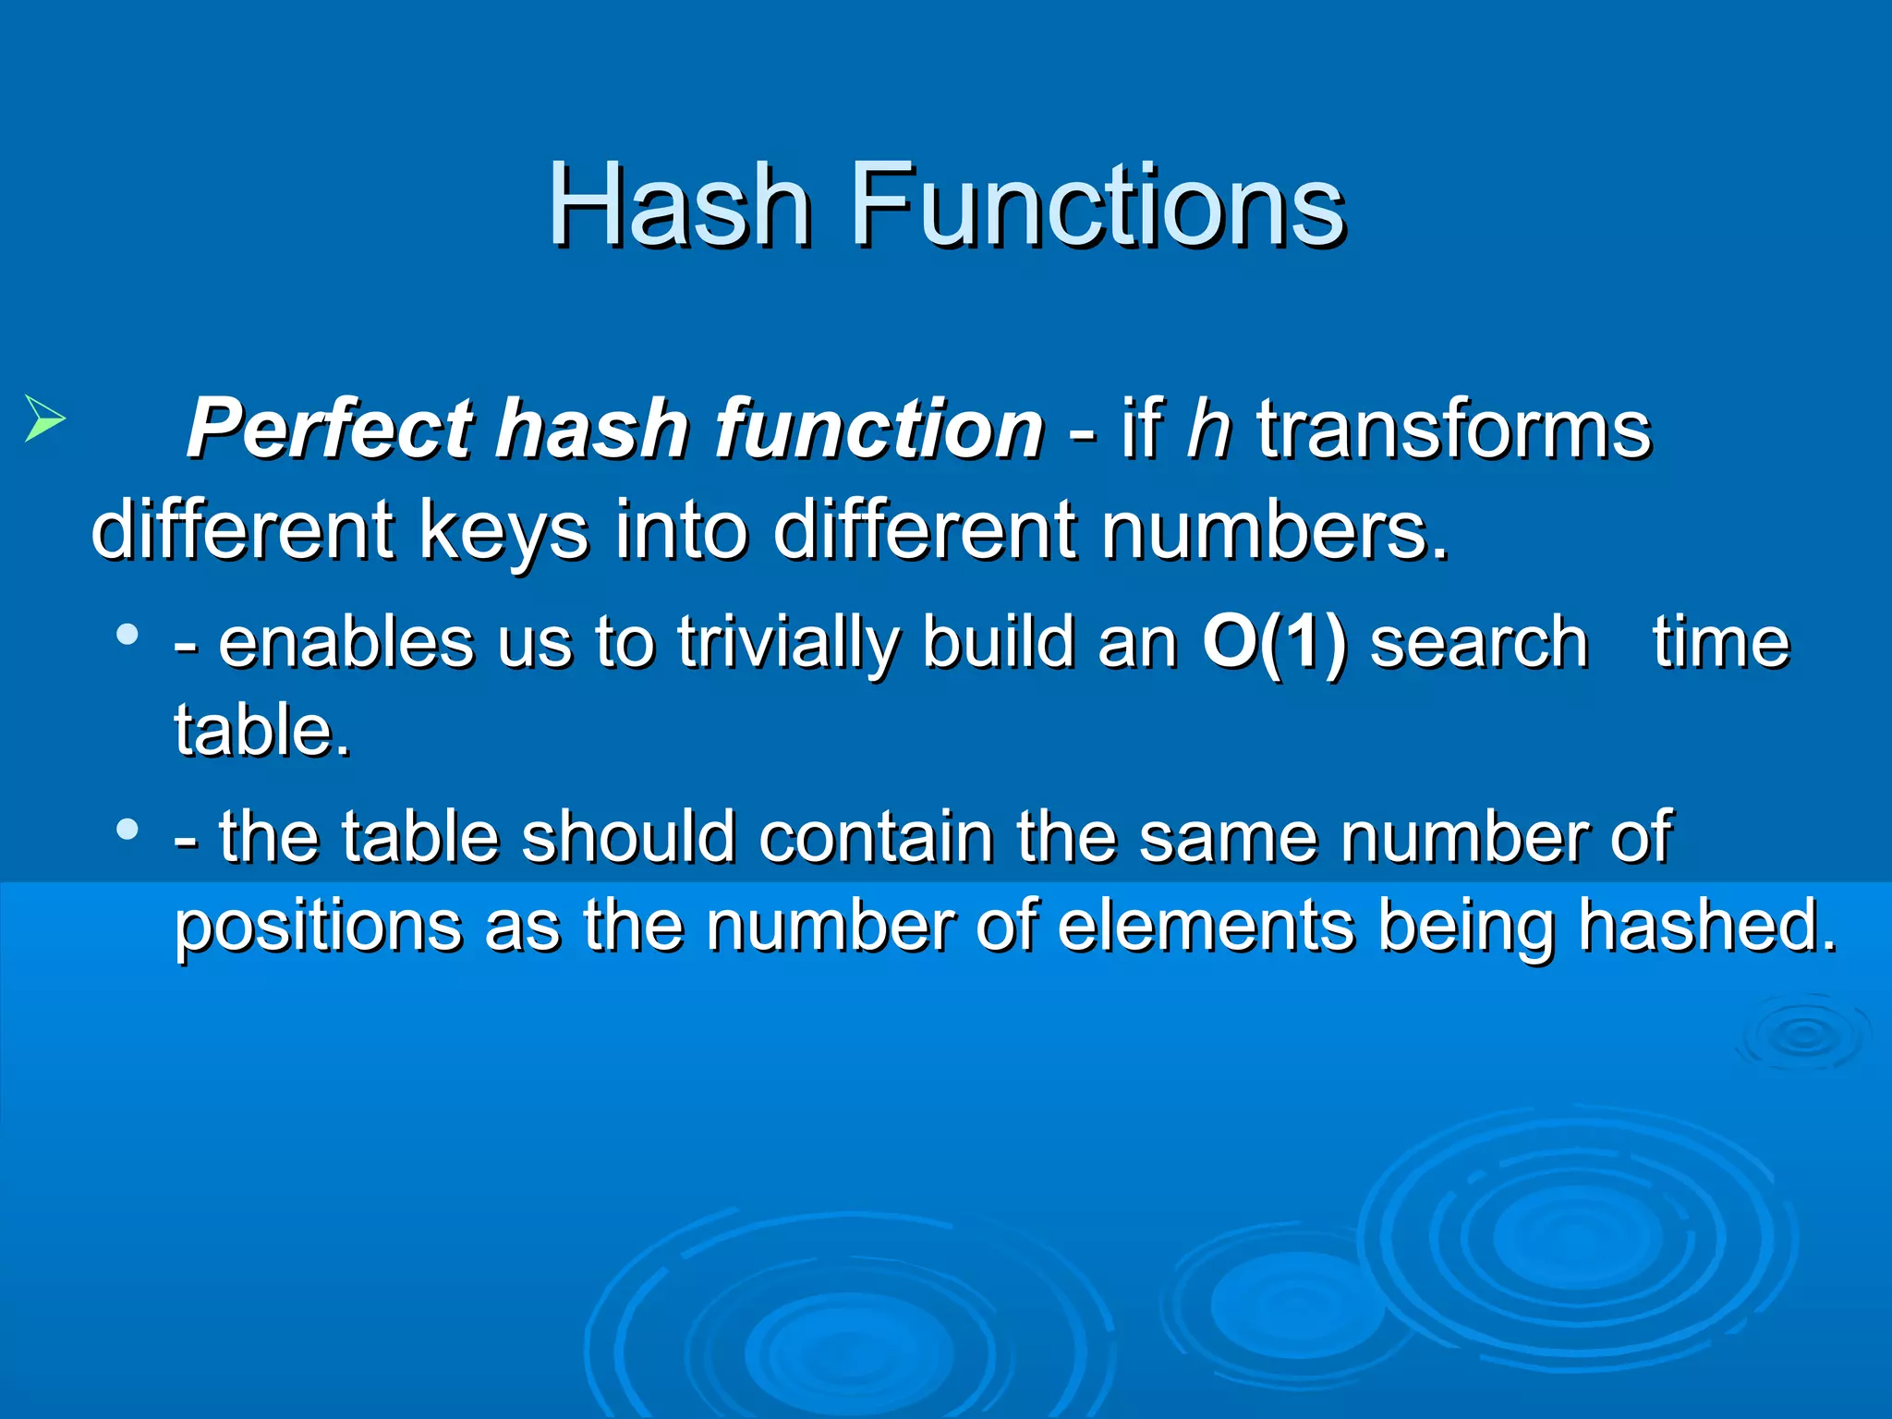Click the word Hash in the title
679,205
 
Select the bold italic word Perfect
333,429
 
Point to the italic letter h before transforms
1209,429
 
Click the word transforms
1453,429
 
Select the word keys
503,531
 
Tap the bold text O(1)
1274,643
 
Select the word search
1478,643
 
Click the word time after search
1721,643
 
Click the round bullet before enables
127,635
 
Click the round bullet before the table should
127,829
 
